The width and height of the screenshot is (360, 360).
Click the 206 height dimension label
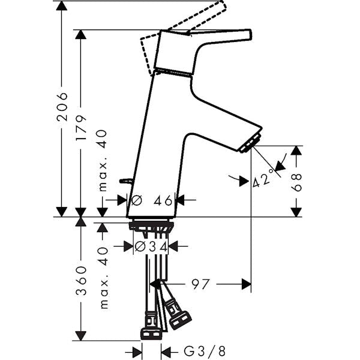point(62,107)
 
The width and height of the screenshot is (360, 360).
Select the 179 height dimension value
point(81,128)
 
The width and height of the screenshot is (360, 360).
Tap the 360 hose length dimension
point(81,281)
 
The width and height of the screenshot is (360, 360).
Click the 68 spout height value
point(296,182)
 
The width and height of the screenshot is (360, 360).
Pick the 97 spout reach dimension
point(200,284)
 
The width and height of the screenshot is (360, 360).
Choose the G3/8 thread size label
point(205,352)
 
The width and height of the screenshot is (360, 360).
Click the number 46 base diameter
point(163,200)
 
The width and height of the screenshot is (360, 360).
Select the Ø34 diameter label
point(151,247)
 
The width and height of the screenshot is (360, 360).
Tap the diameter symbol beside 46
point(137,200)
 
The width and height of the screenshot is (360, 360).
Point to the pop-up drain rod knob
point(125,181)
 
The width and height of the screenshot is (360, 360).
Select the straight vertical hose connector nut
point(151,334)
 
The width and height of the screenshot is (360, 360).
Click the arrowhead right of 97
point(247,284)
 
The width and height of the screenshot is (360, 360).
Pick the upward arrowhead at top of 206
point(62,5)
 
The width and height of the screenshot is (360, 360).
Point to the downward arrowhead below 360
point(80,336)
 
